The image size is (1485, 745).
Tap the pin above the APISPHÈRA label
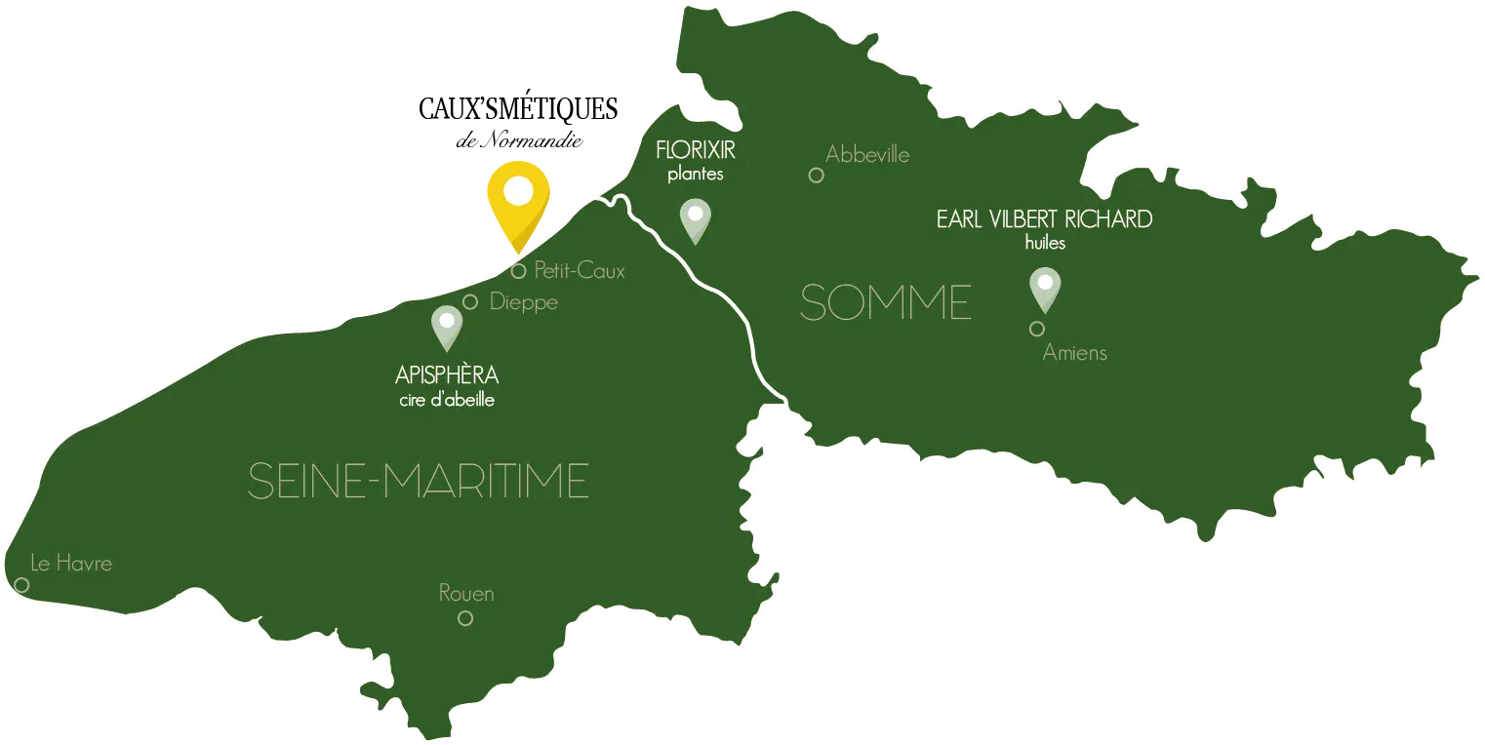click(x=447, y=324)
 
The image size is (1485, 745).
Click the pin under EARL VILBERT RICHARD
click(x=1045, y=286)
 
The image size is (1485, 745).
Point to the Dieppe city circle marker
click(x=470, y=302)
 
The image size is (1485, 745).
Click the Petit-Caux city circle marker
click(x=519, y=271)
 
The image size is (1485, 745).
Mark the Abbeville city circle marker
click(x=816, y=176)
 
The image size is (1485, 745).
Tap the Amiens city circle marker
click(x=1037, y=329)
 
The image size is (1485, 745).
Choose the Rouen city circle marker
click(x=465, y=617)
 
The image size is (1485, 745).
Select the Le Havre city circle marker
click(x=21, y=585)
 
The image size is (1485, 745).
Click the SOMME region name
click(x=885, y=303)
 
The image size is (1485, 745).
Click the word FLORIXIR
click(x=696, y=152)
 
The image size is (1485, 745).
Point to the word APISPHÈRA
click(x=447, y=376)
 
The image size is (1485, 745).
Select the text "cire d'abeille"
click(x=447, y=400)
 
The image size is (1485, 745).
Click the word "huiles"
click(x=1045, y=243)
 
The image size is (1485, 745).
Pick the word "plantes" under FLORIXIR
click(x=696, y=176)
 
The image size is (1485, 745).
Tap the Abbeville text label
click(x=867, y=154)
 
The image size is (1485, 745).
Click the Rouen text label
click(x=466, y=593)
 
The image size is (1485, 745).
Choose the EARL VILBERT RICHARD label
click(x=1044, y=219)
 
